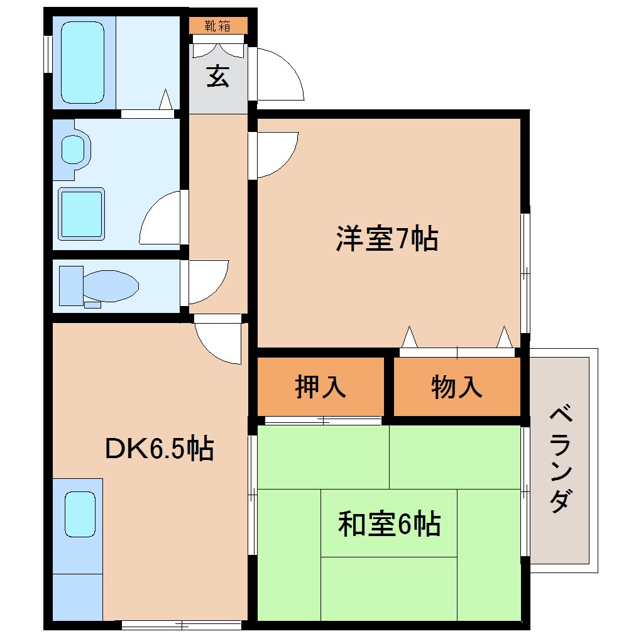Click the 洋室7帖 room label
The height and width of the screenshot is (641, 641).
[x=386, y=239]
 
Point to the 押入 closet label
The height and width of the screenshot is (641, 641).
[x=320, y=386]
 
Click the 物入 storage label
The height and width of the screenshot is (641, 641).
[x=457, y=386]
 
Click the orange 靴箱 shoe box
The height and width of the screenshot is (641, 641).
[x=218, y=26]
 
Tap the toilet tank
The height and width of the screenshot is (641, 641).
[x=70, y=285]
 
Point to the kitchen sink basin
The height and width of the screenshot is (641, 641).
[x=80, y=513]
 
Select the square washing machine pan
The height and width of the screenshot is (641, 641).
[x=81, y=214]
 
